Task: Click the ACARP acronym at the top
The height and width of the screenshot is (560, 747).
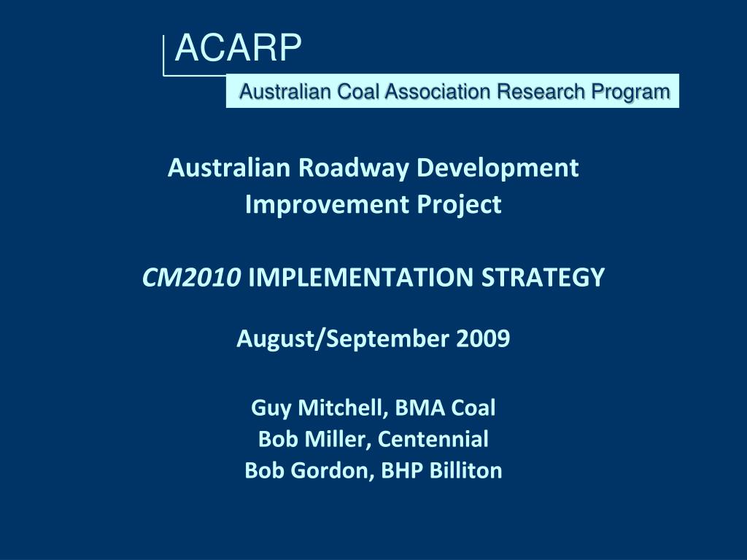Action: coord(238,50)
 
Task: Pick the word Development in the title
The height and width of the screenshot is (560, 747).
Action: coord(498,168)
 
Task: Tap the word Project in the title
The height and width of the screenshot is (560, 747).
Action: coord(459,205)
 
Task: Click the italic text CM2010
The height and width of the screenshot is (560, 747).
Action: coord(192,277)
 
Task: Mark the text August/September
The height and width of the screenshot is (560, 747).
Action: coord(344,339)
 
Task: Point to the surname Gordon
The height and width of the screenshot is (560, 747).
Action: coord(332,471)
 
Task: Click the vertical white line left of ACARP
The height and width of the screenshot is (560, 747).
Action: coord(163,54)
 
